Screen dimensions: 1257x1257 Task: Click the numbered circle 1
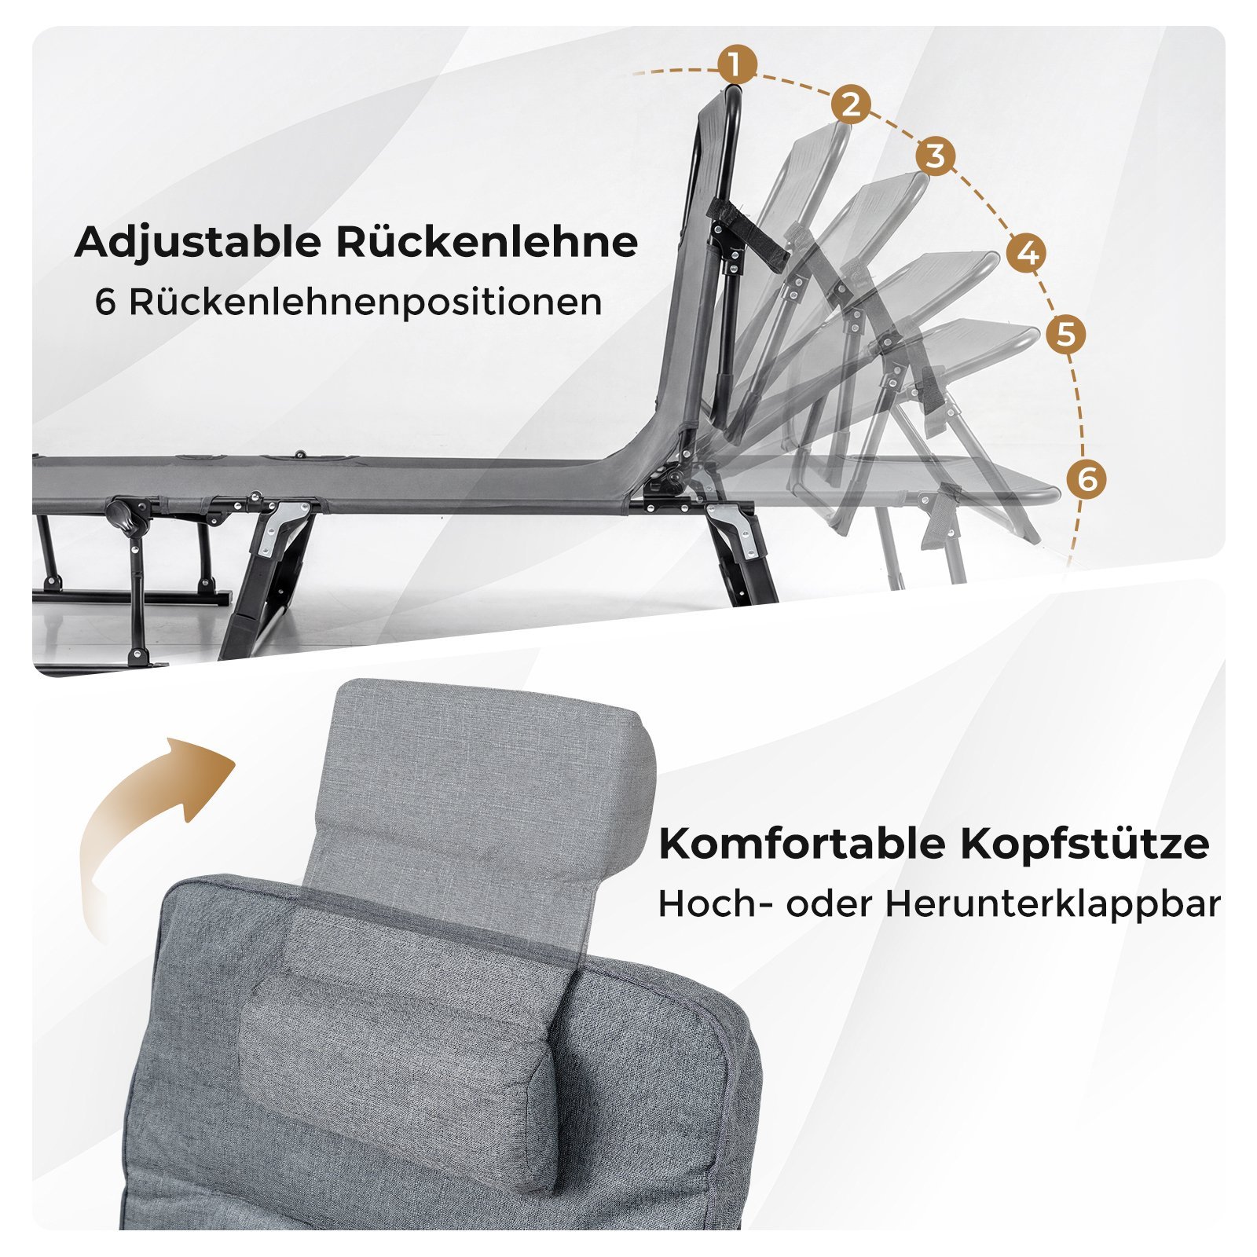(736, 64)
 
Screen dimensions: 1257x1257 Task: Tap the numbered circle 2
(851, 104)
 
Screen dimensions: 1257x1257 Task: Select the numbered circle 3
(935, 156)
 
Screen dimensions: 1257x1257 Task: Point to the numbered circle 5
(1065, 334)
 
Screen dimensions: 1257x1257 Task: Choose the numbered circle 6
(1087, 478)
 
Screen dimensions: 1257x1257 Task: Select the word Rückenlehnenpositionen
(365, 303)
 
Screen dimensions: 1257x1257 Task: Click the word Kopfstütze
(1085, 845)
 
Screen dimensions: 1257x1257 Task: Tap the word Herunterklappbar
(1053, 904)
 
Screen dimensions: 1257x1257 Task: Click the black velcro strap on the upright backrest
(747, 234)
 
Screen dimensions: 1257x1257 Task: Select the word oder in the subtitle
(829, 904)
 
